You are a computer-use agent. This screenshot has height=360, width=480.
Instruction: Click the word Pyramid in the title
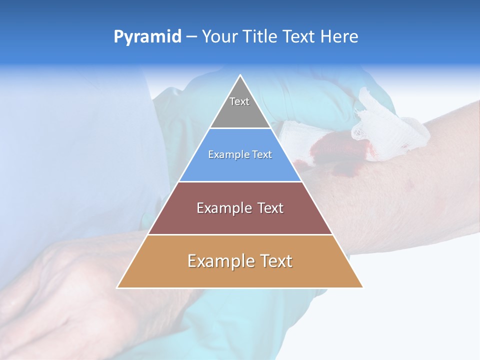click(147, 37)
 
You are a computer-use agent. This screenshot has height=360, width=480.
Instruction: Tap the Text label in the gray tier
click(239, 101)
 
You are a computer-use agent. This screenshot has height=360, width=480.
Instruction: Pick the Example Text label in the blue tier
click(240, 154)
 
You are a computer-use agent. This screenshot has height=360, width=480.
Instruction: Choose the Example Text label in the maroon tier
click(240, 208)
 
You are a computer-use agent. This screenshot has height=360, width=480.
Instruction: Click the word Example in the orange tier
click(218, 261)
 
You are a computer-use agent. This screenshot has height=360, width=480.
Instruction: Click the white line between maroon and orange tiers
click(240, 234)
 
